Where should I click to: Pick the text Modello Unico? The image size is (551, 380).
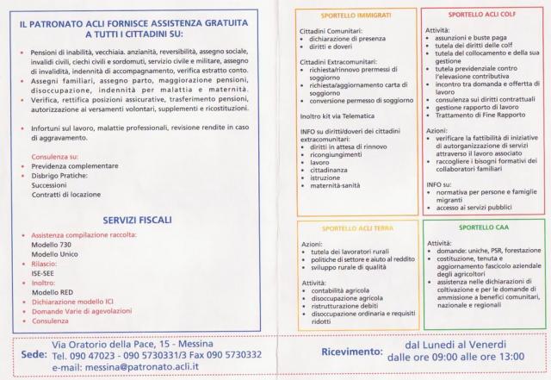pos(54,255)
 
